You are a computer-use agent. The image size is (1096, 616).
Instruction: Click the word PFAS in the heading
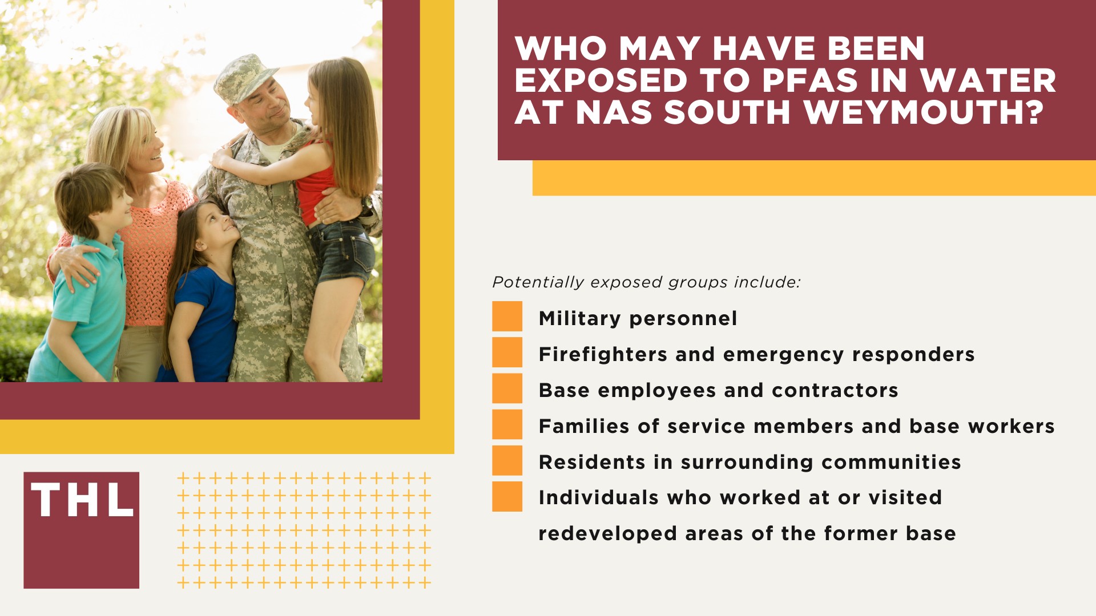coord(809,80)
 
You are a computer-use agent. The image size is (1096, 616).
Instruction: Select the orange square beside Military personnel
coord(507,317)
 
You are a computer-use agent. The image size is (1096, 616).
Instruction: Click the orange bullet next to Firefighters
coord(507,352)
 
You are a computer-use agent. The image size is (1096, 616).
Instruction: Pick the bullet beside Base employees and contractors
coord(507,388)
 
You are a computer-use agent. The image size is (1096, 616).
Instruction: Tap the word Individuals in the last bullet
coord(598,497)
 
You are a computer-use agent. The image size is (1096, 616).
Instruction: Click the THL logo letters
coord(82,500)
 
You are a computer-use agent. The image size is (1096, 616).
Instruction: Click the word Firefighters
coord(602,354)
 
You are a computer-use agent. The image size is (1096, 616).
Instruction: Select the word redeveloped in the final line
coord(607,534)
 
